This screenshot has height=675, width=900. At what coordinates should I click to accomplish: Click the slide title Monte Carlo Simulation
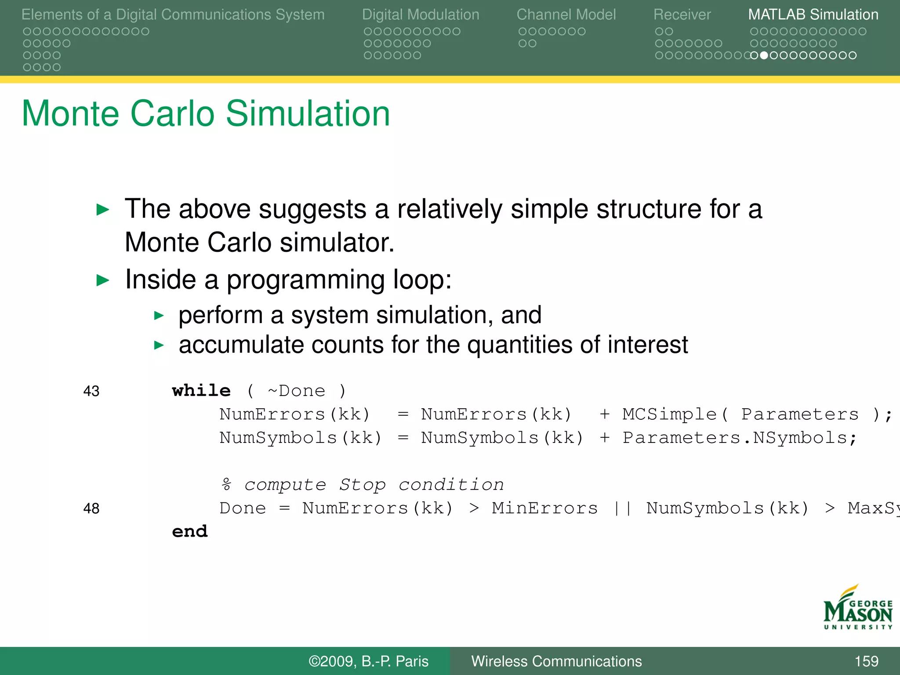[x=206, y=113]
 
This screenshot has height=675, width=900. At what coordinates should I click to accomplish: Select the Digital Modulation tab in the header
[x=420, y=15]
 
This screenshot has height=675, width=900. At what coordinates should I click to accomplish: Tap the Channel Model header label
[x=566, y=15]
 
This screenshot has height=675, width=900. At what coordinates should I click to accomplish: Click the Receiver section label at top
[x=682, y=15]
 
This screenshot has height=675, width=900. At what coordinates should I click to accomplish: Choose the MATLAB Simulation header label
[x=813, y=15]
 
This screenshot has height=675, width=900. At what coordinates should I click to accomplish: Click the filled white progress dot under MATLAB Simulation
[x=764, y=55]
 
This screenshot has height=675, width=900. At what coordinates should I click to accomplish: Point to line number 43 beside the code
[x=91, y=391]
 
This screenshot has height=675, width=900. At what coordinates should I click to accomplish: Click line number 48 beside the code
[x=91, y=508]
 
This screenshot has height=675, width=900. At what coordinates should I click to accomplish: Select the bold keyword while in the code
[x=201, y=390]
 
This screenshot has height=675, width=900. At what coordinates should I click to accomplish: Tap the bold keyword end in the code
[x=189, y=531]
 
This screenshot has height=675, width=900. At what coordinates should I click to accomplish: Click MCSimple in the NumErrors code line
[x=669, y=414]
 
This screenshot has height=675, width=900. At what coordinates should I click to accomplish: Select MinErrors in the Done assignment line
[x=544, y=508]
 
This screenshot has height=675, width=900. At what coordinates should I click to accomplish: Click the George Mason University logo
[x=857, y=609]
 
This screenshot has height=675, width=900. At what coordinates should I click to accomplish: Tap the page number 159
[x=866, y=661]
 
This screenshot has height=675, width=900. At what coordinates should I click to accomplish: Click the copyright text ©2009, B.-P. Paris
[x=368, y=661]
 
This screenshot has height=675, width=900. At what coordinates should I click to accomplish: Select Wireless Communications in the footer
[x=556, y=661]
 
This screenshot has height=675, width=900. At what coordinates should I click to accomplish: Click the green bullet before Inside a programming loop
[x=102, y=280]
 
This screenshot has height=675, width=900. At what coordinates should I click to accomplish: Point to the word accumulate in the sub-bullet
[x=241, y=345]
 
